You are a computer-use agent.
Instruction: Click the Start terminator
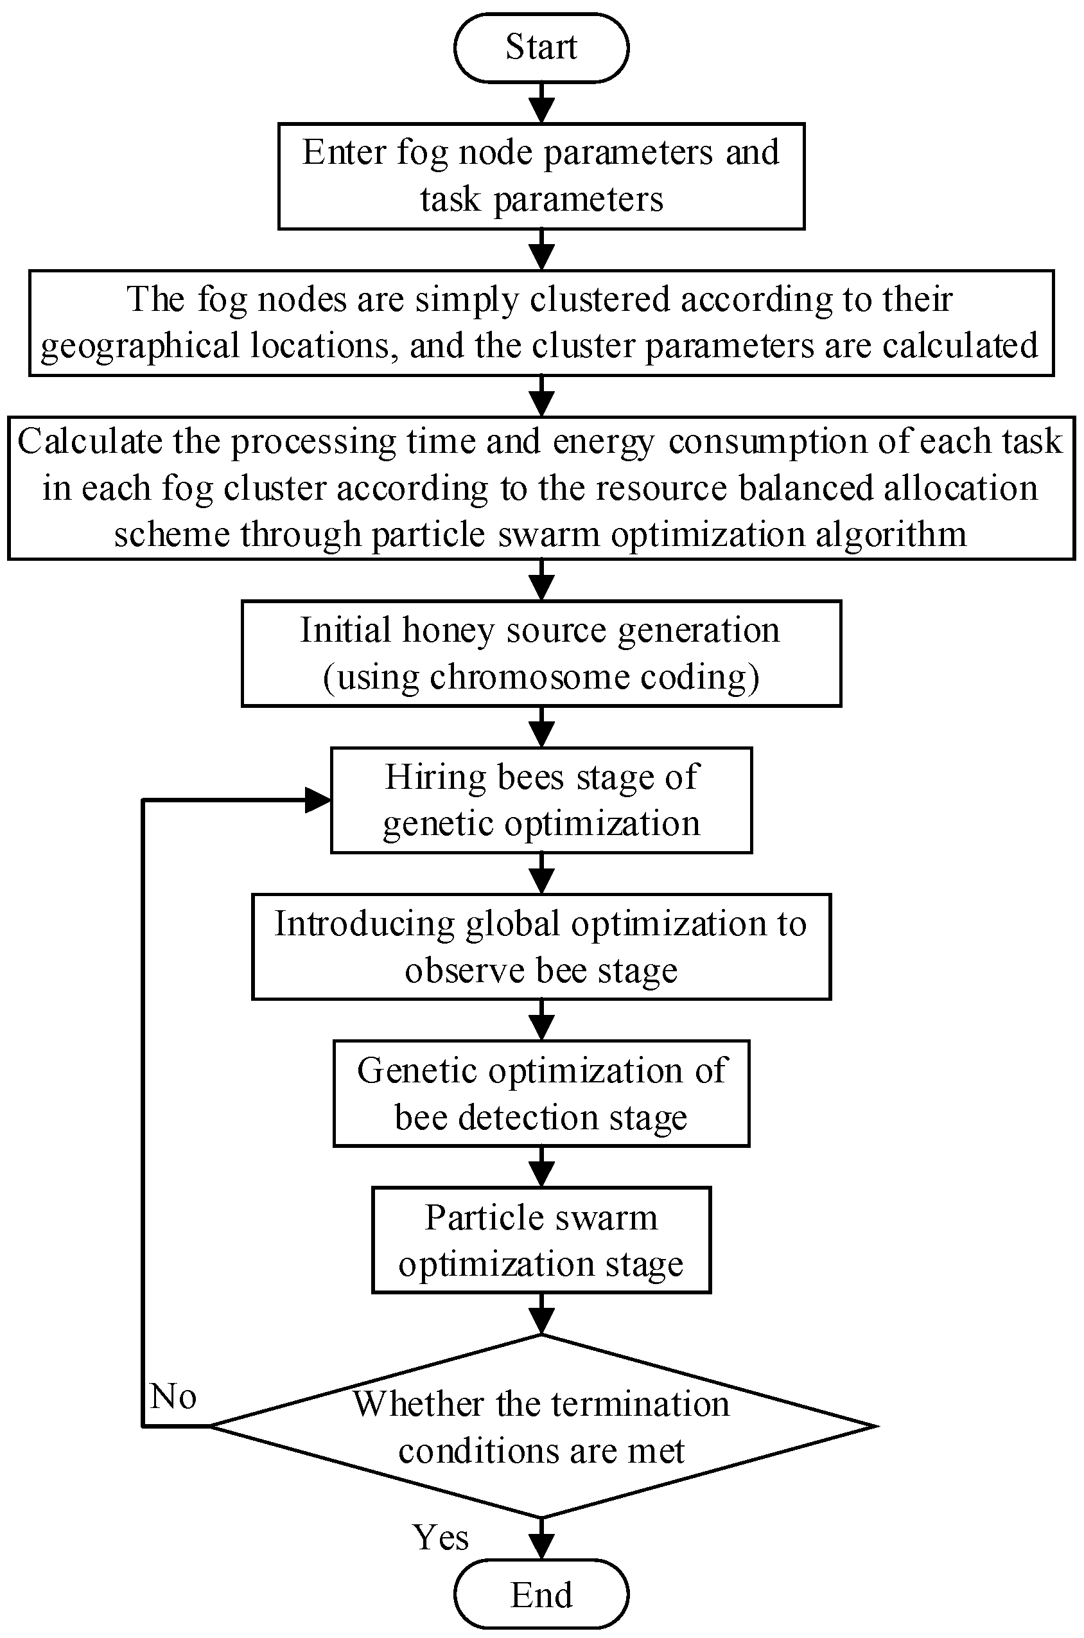(541, 48)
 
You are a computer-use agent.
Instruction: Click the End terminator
(541, 1595)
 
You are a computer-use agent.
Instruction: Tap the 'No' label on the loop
(173, 1396)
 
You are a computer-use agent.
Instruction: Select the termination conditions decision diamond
(541, 1426)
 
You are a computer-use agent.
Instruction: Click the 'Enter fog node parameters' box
(541, 176)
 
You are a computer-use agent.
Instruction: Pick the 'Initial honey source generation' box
(541, 653)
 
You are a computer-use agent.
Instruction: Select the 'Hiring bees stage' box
(541, 800)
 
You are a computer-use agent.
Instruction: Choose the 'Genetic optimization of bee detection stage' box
(541, 1094)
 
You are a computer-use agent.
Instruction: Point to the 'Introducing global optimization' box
(541, 947)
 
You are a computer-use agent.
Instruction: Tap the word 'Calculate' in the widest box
(89, 441)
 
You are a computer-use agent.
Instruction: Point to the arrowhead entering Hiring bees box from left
(318, 800)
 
